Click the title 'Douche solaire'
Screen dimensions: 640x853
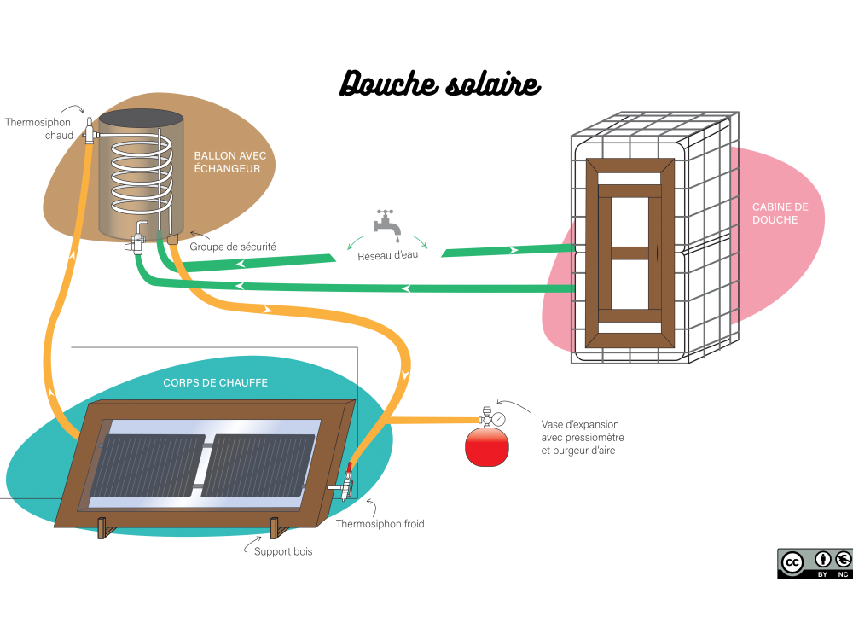439,84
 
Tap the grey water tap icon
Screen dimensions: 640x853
386,223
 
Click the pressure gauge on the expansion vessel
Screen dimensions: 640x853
497,419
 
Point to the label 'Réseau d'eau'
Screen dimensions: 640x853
387,255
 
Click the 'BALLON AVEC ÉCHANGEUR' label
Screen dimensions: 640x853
229,162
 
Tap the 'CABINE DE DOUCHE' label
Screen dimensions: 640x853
780,213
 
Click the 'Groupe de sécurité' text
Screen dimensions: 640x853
233,247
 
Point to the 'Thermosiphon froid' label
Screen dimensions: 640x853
380,524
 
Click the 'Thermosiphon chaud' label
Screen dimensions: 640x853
38,129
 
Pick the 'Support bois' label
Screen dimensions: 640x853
283,551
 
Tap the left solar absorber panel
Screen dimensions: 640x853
152,465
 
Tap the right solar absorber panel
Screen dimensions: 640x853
258,465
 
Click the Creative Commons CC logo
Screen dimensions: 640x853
792,562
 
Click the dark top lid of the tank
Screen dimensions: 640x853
141,117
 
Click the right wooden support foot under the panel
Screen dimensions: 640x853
276,528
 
